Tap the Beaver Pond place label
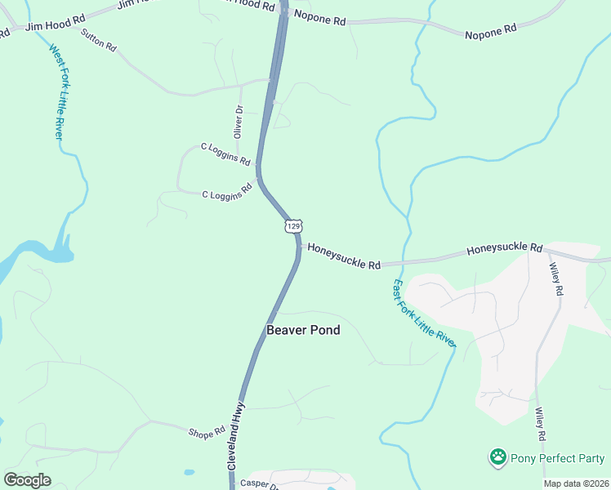tap(303, 331)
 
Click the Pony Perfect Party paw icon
tap(497, 457)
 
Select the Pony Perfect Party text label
tap(558, 458)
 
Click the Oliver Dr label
tap(239, 121)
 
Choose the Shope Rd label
tap(207, 432)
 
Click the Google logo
tap(27, 480)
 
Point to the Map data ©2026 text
tap(576, 483)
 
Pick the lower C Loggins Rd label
tap(226, 194)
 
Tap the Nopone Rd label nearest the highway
tap(319, 18)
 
